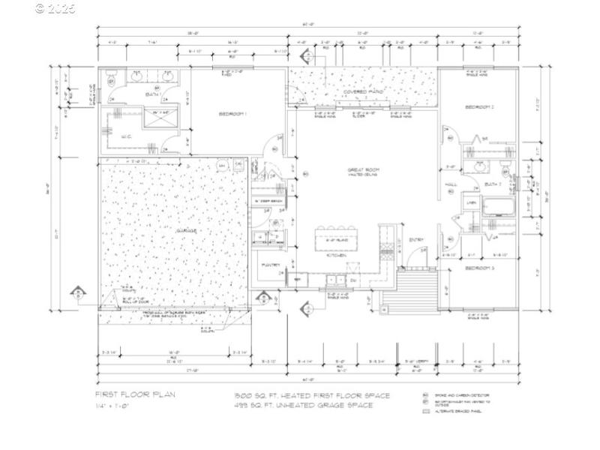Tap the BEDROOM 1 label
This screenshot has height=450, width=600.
coord(233,114)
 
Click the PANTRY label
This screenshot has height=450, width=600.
coord(271,265)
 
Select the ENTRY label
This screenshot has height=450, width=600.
coord(416,240)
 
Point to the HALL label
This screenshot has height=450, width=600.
coord(451,183)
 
